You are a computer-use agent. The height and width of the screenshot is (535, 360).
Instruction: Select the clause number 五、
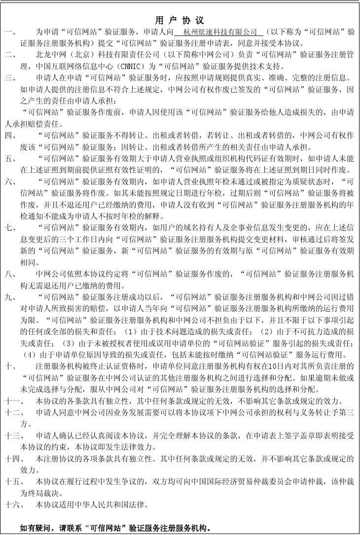(x=10, y=159)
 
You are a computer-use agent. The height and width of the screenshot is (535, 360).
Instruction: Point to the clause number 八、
(x=10, y=274)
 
